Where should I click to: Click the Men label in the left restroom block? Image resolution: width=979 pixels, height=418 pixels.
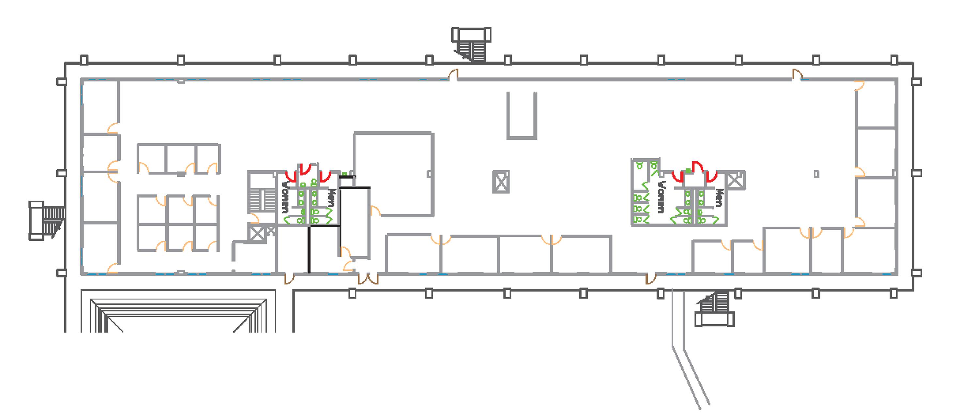(332, 198)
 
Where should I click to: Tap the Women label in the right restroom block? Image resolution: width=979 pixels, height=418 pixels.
(662, 197)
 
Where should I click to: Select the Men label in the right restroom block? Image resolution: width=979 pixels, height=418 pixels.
(719, 198)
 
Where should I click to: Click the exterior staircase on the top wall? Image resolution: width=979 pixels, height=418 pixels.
(471, 44)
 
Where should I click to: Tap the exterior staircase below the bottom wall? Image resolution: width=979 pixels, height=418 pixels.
(714, 309)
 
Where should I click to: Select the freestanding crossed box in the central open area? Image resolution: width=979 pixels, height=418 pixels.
(501, 182)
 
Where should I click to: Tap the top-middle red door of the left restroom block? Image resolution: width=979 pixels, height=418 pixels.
(305, 169)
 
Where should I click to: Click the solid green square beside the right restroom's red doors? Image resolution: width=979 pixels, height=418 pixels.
(688, 171)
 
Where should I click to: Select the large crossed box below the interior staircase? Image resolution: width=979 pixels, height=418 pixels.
(257, 233)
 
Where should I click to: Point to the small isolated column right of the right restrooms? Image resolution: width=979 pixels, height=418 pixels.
(816, 174)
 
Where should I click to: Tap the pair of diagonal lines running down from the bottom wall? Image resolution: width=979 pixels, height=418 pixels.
(690, 349)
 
